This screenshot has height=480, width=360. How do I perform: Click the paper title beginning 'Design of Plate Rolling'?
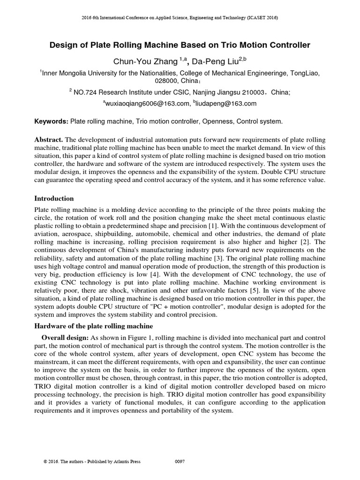180,45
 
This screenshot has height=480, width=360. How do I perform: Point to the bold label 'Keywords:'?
52,121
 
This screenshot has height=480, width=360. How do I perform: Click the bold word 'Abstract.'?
49,140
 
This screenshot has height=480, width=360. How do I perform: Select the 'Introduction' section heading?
54,199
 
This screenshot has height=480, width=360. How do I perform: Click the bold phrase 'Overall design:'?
65,338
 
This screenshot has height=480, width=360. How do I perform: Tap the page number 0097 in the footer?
180,462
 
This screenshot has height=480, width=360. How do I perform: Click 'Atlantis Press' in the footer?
127,462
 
